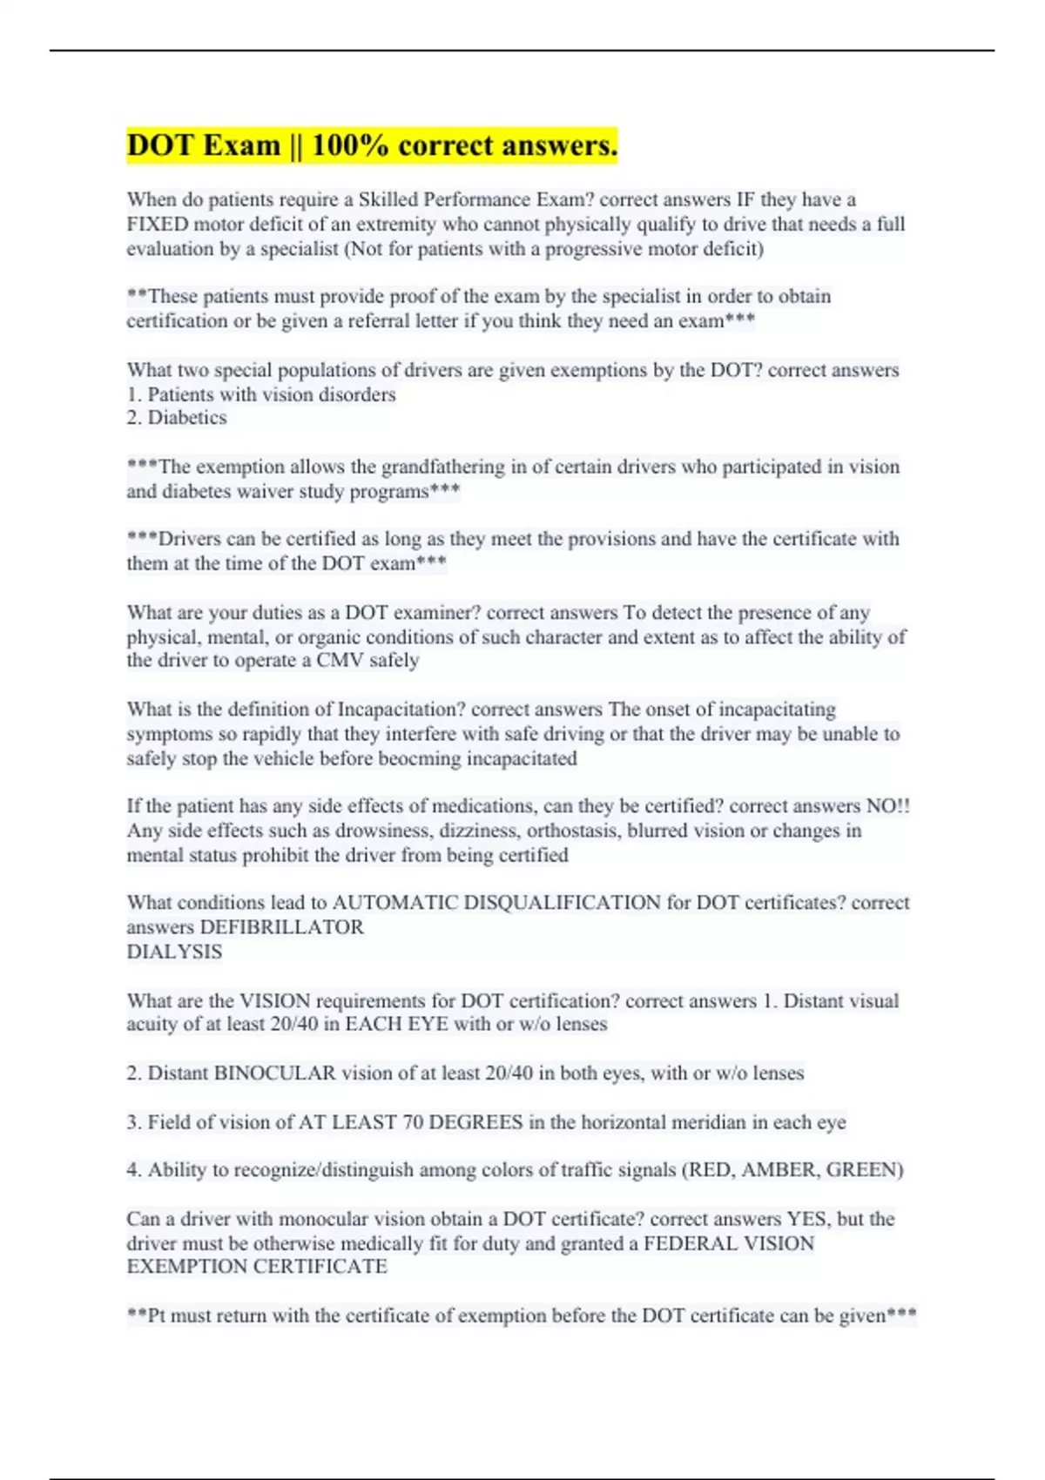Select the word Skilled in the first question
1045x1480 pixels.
[x=388, y=199]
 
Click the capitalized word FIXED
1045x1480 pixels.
[x=157, y=224]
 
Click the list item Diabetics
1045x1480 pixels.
[x=186, y=418]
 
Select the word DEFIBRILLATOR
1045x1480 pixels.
[x=281, y=926]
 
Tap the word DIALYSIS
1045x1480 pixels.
[x=174, y=952]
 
